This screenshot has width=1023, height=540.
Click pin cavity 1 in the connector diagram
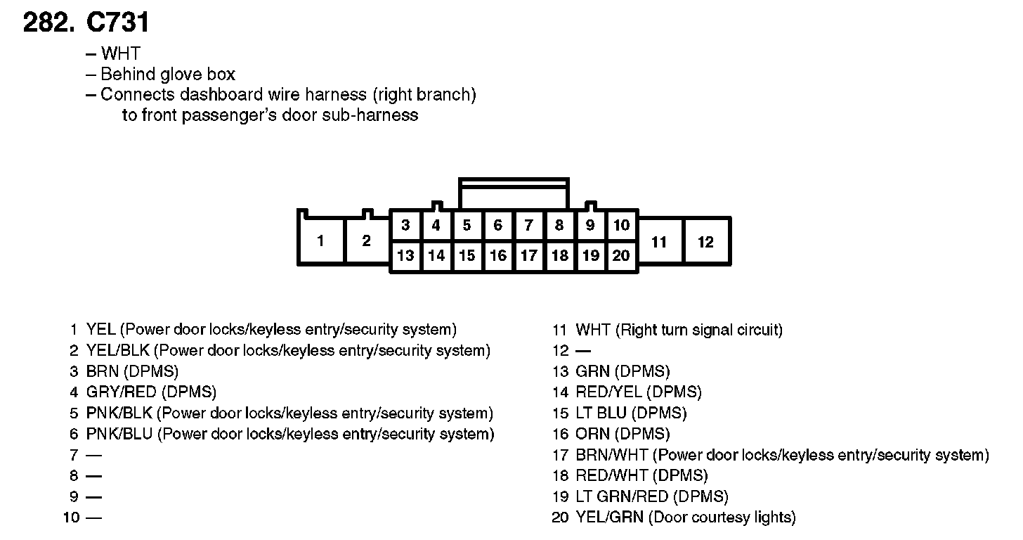point(321,241)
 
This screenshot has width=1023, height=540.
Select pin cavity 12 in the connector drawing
point(706,242)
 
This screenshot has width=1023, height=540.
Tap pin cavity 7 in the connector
point(528,226)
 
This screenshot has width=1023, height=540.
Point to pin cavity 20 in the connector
point(621,255)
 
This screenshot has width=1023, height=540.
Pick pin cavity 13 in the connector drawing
point(405,255)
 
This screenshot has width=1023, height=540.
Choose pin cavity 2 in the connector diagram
point(366,240)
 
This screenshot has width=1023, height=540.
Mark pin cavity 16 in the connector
point(497,255)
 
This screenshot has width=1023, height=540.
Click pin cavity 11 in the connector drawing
point(659,242)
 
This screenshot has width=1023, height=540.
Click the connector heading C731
point(117,23)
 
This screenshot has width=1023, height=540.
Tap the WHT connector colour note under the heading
point(120,53)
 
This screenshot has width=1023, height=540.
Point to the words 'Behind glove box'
point(168,75)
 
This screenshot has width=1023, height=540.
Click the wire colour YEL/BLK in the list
point(118,350)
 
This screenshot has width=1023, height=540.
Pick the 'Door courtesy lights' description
point(722,517)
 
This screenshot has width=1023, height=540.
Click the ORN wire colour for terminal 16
point(592,434)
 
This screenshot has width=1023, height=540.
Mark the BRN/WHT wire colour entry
point(611,455)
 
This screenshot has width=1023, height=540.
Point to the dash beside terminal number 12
point(583,350)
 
